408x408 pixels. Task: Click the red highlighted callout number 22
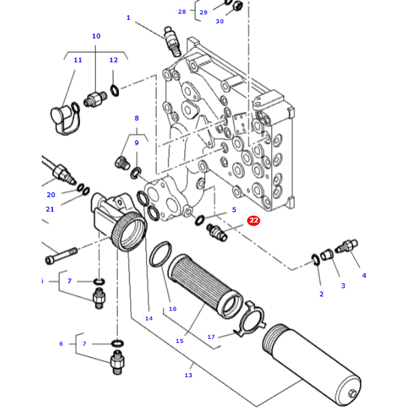coord(254,220)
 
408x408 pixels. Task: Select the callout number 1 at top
coord(128,18)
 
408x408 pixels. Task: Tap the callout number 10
coord(96,36)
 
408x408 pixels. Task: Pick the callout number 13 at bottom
coord(188,374)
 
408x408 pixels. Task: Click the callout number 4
coord(364,275)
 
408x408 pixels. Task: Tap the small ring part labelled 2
coord(316,259)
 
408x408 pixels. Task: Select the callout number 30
coord(220,21)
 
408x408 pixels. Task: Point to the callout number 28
coord(181,12)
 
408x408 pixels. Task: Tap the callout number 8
coord(136,118)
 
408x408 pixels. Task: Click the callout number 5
coord(233,210)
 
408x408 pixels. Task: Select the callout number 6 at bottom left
coord(61,344)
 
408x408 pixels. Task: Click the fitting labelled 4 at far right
coord(348,246)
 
